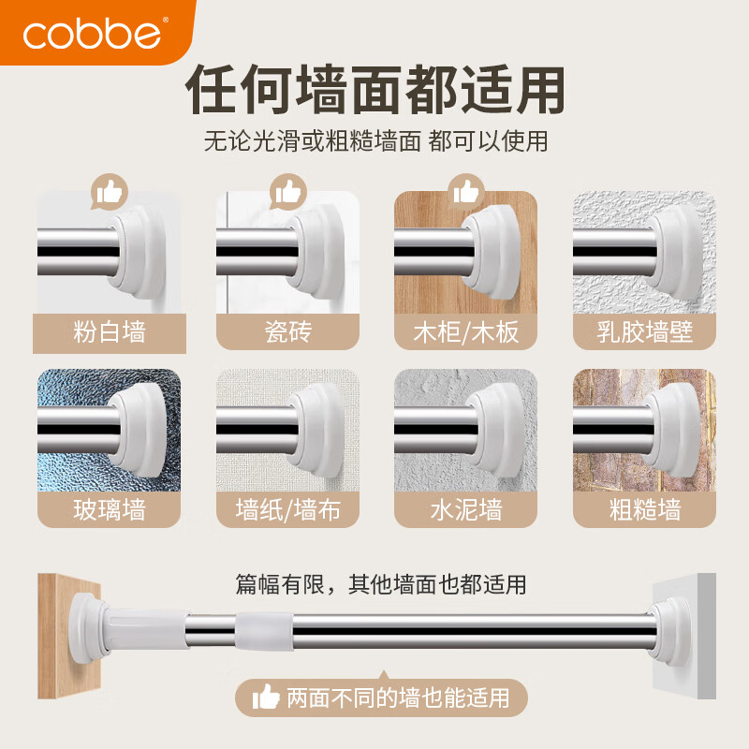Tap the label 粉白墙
tap(109, 332)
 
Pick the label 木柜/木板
tap(465, 332)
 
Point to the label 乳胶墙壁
tap(644, 332)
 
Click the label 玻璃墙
tap(109, 510)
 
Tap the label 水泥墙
tap(465, 510)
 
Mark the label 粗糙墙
tap(644, 510)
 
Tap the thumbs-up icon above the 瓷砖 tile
tap(287, 193)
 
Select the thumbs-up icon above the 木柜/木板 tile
tap(465, 193)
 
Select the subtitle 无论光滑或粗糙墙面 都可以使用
tap(374, 142)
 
